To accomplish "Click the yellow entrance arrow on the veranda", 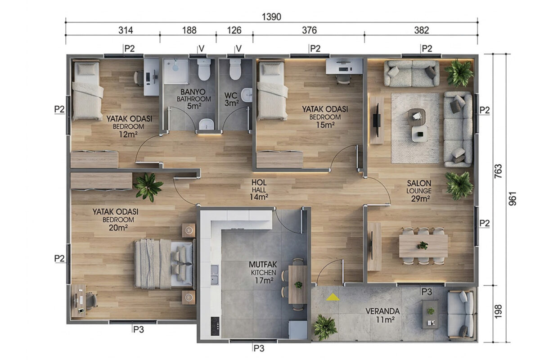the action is (333, 297).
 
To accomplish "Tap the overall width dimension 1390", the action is (271, 17).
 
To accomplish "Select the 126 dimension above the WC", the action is (234, 31).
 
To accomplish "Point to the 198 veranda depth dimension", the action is (498, 311).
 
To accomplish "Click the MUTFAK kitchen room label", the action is (263, 265).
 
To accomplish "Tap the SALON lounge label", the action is (419, 183).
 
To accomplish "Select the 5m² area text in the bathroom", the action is (194, 106).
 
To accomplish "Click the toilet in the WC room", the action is (235, 69).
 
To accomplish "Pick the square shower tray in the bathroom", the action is (176, 71).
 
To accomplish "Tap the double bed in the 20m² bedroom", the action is (164, 264).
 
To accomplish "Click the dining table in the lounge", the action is (423, 246).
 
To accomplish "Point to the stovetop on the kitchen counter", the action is (215, 326).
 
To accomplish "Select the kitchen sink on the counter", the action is (215, 275).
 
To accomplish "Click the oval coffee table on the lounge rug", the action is (416, 117).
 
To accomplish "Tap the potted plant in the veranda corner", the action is (325, 328).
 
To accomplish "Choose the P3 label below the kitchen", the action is (259, 348).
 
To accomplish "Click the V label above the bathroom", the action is (202, 49).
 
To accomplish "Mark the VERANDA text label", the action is (382, 311).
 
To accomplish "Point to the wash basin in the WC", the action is (247, 95).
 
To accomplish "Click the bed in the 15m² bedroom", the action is (272, 90).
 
